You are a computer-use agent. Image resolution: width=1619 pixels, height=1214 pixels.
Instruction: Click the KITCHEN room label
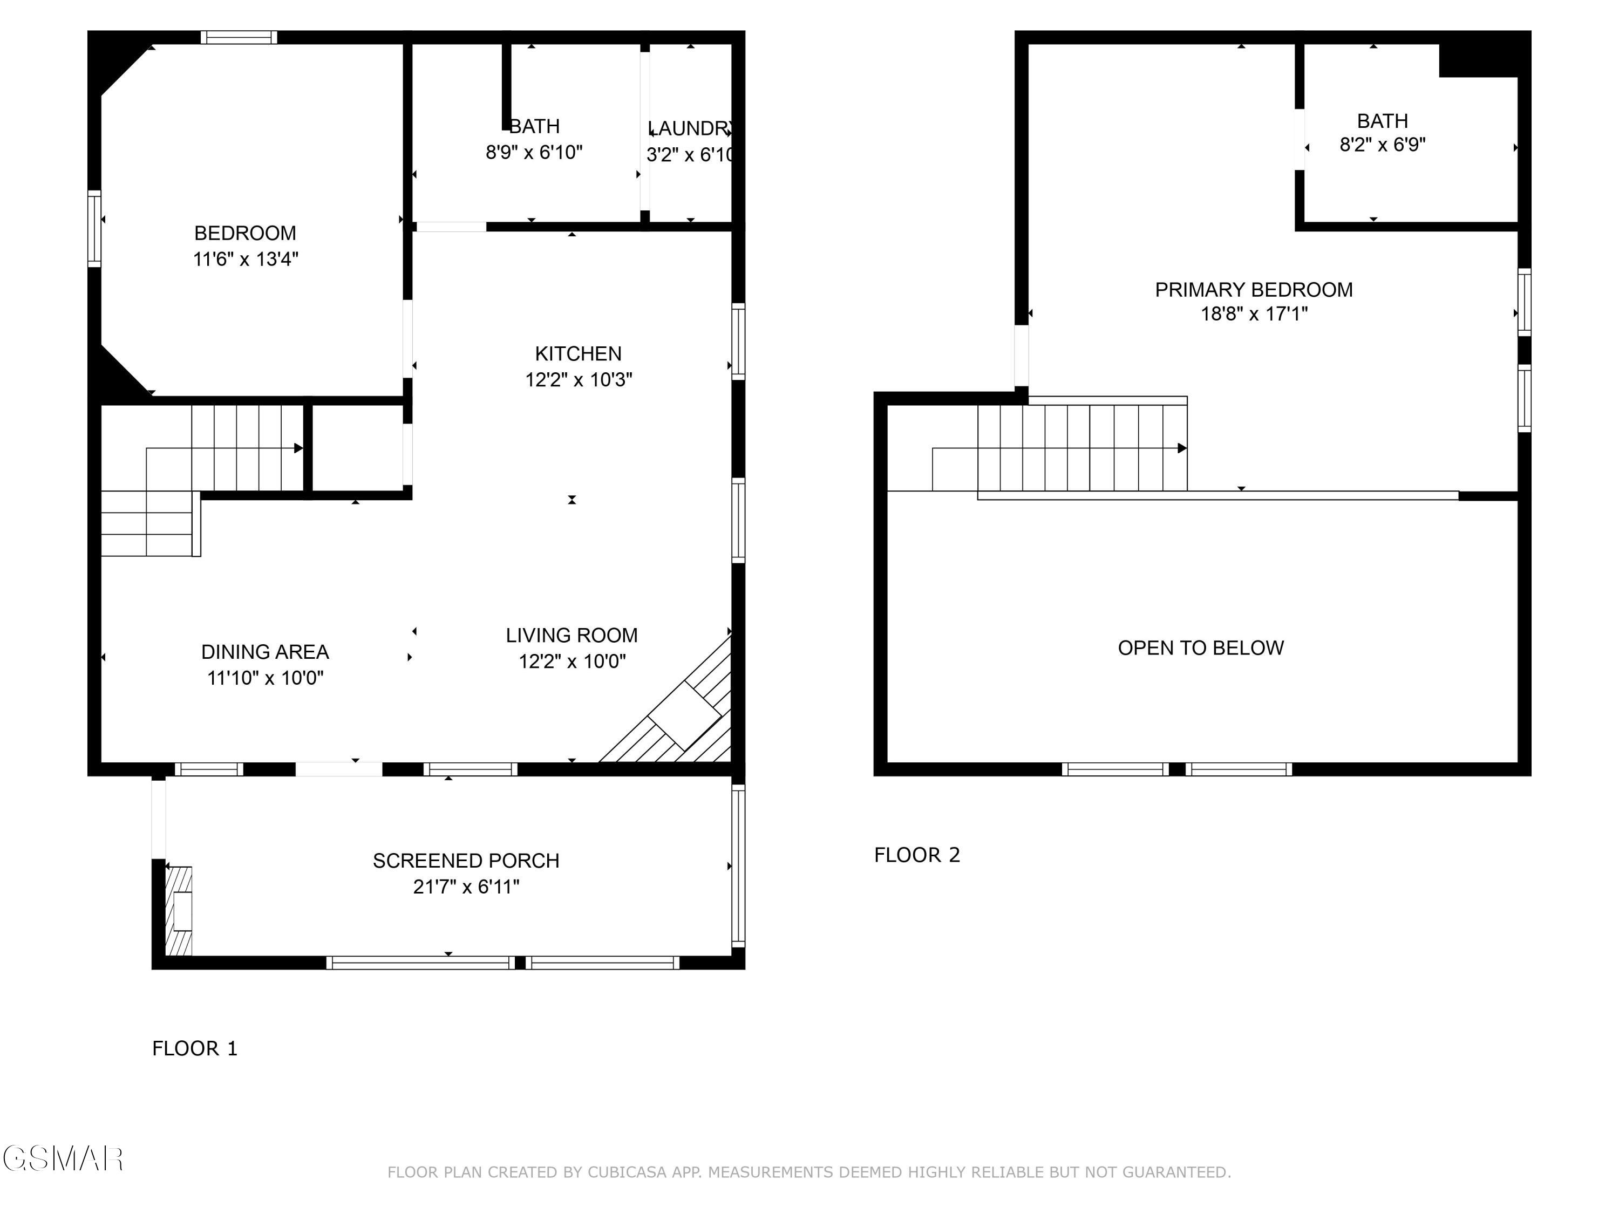(578, 354)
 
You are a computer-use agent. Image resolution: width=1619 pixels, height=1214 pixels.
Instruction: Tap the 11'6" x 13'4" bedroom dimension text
(245, 259)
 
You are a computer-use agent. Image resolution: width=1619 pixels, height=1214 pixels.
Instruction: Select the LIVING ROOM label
(572, 635)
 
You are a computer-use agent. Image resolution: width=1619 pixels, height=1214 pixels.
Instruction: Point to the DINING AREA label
(265, 651)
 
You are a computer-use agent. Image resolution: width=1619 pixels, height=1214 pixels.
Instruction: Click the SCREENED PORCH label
(466, 861)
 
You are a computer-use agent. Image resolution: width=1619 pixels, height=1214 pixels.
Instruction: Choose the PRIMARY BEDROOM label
(1254, 290)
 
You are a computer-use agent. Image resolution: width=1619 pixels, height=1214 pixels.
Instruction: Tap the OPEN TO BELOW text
(1200, 647)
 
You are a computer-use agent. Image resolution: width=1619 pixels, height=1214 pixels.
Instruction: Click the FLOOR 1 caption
(195, 1048)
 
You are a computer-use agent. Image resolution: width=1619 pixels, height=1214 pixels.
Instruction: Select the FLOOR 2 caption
(917, 855)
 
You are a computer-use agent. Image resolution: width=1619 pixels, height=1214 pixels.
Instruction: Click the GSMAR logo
(63, 1159)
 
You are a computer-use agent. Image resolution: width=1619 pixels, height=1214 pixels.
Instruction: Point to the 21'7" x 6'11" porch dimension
(466, 887)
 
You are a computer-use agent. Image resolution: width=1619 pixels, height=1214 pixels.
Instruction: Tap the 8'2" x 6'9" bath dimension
(1383, 145)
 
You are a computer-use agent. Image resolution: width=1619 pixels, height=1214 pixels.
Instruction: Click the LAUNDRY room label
(690, 129)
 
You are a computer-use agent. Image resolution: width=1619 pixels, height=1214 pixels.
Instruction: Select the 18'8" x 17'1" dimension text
(1254, 314)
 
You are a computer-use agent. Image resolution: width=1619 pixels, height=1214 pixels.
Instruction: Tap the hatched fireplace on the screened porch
(179, 911)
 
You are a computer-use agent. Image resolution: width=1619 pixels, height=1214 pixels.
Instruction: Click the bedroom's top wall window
(239, 37)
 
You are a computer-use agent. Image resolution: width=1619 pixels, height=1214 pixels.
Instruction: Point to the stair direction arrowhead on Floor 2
(1182, 448)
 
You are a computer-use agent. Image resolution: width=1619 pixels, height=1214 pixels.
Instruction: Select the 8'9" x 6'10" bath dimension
(534, 152)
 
